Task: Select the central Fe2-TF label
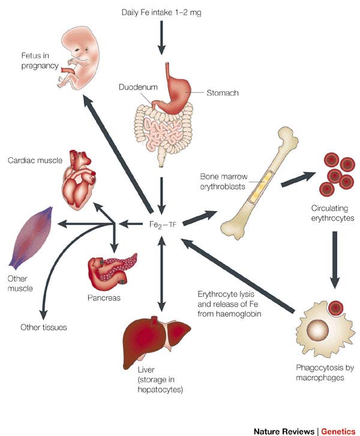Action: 162,224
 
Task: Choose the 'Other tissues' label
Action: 43,327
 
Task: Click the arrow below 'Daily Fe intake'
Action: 160,39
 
